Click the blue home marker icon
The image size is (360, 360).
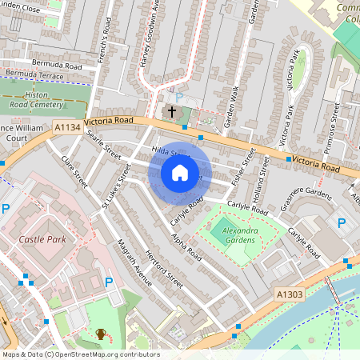[x=180, y=172]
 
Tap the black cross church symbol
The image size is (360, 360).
[x=171, y=110]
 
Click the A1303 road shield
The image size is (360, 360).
[x=290, y=294]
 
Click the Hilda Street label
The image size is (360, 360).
[x=168, y=151]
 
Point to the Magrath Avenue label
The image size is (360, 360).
[x=133, y=262]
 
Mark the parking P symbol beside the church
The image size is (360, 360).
[x=179, y=97]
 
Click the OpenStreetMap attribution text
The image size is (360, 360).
[x=80, y=354]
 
